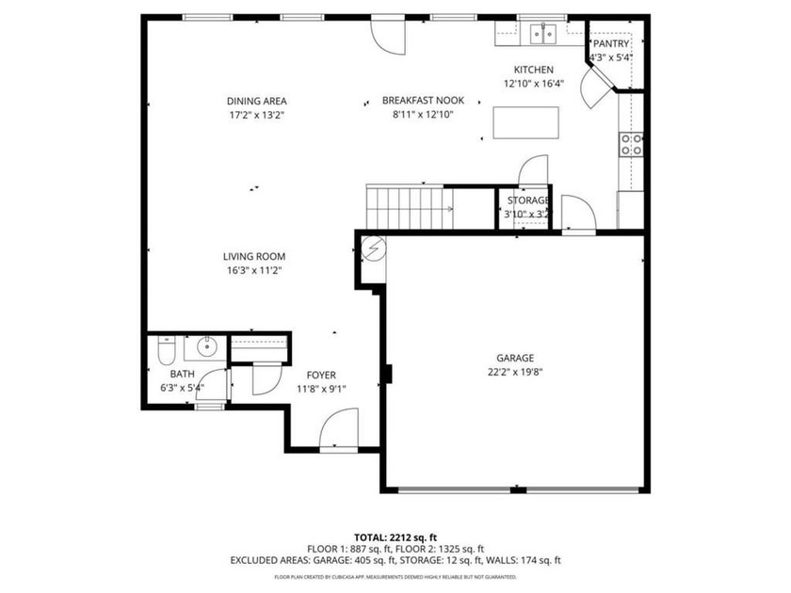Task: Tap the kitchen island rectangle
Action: point(525,122)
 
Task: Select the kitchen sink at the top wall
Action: point(541,34)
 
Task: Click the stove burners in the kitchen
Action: point(631,144)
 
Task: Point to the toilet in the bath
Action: point(166,352)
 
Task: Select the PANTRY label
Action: point(610,43)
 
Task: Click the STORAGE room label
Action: point(528,200)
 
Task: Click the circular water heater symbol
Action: point(373,248)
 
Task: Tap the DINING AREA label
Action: point(256,101)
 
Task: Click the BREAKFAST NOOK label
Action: point(418,101)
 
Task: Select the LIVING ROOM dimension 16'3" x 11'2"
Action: point(253,270)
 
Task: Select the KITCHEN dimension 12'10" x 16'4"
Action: point(533,84)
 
